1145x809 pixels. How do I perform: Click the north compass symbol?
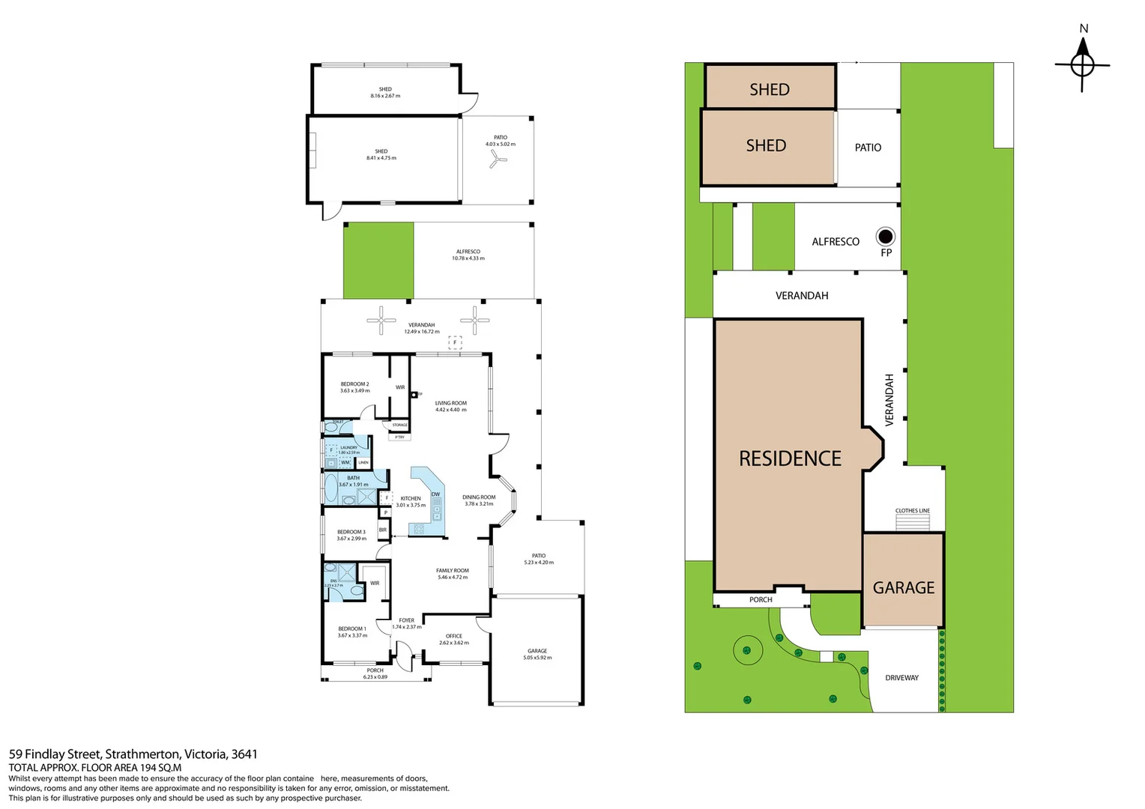(1082, 64)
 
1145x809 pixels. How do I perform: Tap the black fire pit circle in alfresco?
(886, 237)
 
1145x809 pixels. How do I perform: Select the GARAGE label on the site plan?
(903, 588)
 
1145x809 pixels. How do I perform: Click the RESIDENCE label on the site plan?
(790, 458)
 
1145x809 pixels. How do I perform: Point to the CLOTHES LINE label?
(912, 511)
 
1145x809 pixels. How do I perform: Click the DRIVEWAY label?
(901, 678)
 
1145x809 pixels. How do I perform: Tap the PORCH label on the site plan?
(761, 600)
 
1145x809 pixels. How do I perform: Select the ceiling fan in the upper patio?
(498, 158)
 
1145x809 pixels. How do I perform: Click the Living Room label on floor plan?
(450, 403)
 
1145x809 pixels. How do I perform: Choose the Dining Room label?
(479, 497)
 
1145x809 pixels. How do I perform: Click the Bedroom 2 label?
(354, 384)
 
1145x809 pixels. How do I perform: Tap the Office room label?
(453, 636)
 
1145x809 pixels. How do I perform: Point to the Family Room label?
(452, 571)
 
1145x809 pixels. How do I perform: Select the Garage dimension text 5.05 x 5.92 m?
(537, 658)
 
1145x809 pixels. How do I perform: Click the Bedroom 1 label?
(351, 629)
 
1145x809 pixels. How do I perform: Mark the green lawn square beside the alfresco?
(378, 261)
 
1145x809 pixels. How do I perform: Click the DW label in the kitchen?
(435, 494)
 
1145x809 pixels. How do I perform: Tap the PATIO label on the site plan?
(868, 148)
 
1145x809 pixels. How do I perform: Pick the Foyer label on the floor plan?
(406, 620)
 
